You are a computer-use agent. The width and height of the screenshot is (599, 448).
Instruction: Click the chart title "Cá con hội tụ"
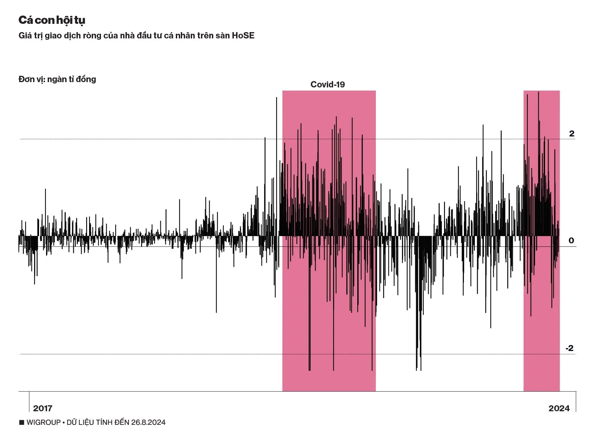tap(52, 20)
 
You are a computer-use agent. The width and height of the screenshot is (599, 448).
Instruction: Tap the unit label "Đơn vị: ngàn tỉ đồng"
tap(57, 79)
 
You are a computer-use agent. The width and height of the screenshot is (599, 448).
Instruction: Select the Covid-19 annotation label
tap(327, 85)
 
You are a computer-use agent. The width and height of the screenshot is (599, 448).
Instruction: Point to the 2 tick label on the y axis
tap(572, 134)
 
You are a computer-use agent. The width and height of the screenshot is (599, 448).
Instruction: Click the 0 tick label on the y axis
tap(571, 241)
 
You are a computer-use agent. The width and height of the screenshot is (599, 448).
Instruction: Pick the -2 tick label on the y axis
tap(569, 348)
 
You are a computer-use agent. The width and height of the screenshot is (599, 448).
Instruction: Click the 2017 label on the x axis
tap(43, 408)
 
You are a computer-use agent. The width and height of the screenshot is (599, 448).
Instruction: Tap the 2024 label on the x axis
tap(559, 408)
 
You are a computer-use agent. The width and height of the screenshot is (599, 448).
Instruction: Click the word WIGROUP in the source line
tap(44, 423)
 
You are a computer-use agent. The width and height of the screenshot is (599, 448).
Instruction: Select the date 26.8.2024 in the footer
tap(148, 423)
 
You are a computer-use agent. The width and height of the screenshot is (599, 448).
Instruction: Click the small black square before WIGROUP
tap(22, 423)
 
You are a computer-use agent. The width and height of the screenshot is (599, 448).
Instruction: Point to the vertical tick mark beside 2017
tap(29, 401)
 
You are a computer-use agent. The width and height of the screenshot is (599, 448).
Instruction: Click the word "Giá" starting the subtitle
tap(25, 36)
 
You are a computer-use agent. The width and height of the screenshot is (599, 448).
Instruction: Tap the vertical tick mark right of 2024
tap(576, 401)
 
